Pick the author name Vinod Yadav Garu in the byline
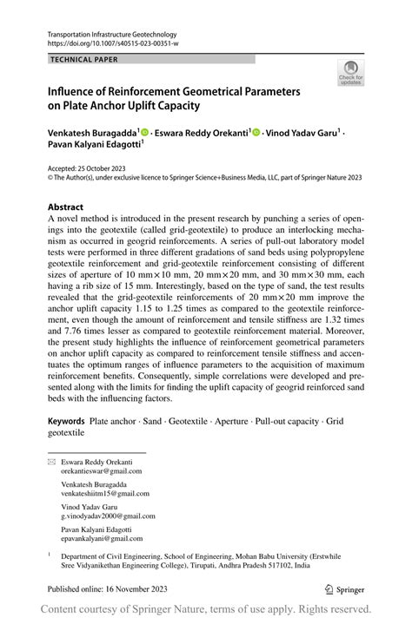coord(301,133)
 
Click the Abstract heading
coord(65,207)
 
